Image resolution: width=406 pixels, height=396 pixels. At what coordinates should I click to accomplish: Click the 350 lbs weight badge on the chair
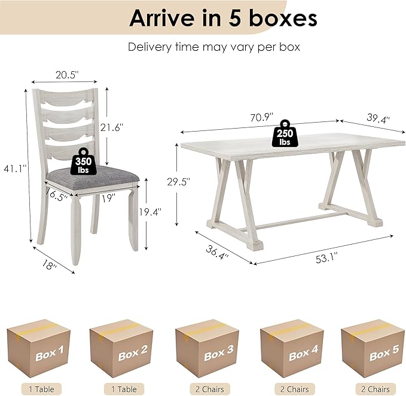click(83, 162)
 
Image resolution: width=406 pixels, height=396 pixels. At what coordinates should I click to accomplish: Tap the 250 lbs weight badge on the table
click(285, 133)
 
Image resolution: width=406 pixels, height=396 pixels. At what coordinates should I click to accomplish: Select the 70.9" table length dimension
click(261, 117)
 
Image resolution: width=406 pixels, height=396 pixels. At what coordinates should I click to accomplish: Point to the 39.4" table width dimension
click(378, 118)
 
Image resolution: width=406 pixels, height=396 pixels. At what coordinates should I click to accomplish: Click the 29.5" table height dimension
click(178, 182)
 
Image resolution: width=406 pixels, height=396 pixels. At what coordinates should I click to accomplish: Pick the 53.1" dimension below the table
click(326, 258)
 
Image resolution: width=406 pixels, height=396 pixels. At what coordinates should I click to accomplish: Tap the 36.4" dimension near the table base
click(217, 252)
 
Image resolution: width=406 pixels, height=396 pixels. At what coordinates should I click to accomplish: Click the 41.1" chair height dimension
click(16, 169)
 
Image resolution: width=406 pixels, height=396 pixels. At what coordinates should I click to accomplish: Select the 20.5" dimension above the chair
click(67, 75)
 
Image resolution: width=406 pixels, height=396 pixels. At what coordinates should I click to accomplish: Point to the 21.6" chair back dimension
click(112, 127)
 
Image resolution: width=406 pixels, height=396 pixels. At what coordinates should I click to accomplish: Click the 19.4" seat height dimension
click(150, 212)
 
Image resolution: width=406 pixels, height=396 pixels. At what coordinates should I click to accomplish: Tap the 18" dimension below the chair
click(49, 264)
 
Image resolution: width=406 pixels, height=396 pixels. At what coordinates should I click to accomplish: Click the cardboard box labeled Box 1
click(39, 348)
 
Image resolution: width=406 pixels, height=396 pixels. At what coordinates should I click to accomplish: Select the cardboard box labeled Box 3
click(207, 348)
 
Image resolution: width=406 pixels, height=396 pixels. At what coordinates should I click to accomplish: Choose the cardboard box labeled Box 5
click(373, 348)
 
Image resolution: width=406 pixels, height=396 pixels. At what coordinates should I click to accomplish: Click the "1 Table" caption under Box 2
click(124, 389)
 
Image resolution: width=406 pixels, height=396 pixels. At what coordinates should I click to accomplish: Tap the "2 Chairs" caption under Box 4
click(294, 389)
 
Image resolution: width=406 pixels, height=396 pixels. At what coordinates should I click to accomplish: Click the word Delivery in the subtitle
click(150, 47)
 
